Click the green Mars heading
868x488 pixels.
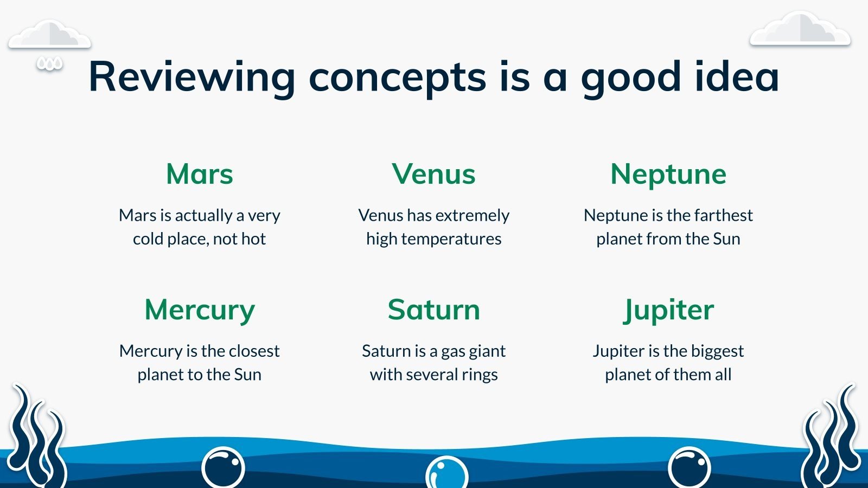[x=200, y=174]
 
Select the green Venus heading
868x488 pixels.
[x=433, y=174]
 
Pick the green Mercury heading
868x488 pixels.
[x=200, y=311]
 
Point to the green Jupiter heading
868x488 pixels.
[x=668, y=311]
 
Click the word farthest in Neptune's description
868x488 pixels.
[x=718, y=215]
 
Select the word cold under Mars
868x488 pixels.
[x=148, y=239]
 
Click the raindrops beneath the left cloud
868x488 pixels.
[x=49, y=64]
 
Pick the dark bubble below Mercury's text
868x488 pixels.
[x=223, y=467]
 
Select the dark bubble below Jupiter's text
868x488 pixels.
[x=690, y=467]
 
